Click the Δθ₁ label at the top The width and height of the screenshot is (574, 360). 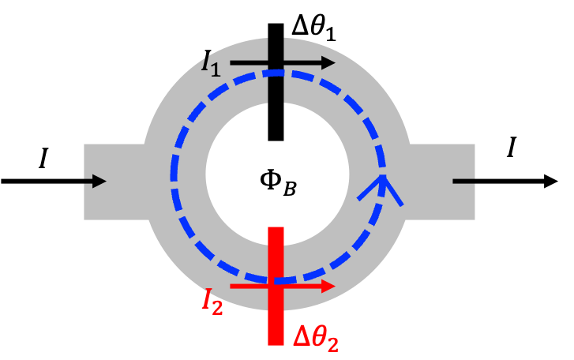pyautogui.click(x=313, y=28)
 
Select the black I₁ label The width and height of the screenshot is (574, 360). pyautogui.click(x=211, y=63)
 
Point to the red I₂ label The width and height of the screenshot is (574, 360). pyautogui.click(x=212, y=301)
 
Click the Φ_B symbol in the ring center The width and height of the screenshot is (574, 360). pyautogui.click(x=278, y=182)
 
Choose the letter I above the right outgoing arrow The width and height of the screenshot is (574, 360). pyautogui.click(x=512, y=147)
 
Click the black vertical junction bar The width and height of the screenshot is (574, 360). pyautogui.click(x=276, y=82)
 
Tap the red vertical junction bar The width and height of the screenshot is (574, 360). pyautogui.click(x=276, y=286)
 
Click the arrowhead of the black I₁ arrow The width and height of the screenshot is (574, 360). pyautogui.click(x=328, y=63)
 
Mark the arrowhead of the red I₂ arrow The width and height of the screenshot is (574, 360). pyautogui.click(x=328, y=286)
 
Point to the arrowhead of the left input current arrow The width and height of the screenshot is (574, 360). pyautogui.click(x=99, y=182)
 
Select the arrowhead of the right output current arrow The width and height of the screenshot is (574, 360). pyautogui.click(x=551, y=182)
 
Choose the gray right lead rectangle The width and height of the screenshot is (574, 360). pyautogui.click(x=441, y=182)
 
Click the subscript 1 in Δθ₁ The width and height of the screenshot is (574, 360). pyautogui.click(x=329, y=34)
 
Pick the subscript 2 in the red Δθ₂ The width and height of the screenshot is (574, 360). pyautogui.click(x=332, y=345)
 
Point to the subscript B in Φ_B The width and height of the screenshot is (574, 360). pyautogui.click(x=289, y=189)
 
